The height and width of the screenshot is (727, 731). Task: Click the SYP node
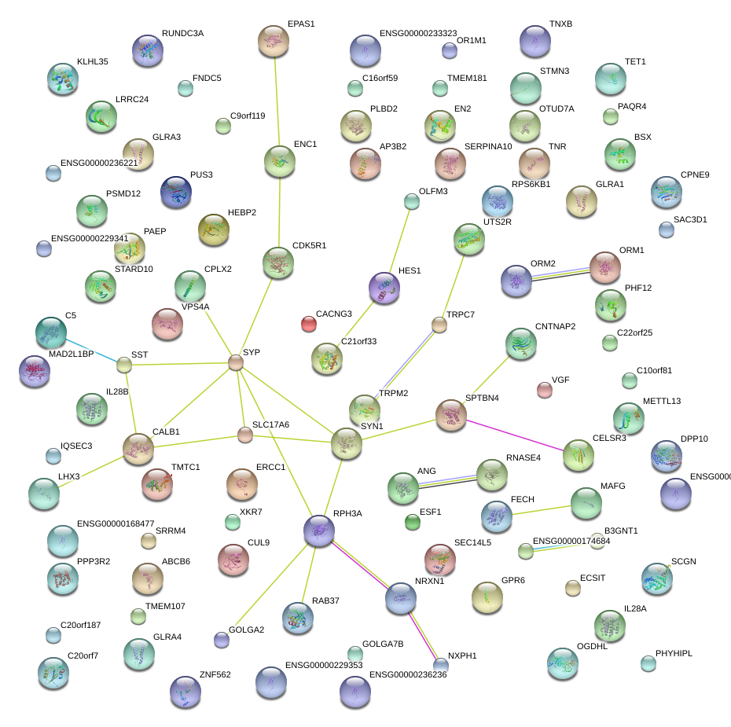[x=236, y=362]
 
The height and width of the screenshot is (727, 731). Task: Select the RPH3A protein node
[x=319, y=531]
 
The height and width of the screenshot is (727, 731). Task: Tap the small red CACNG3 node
[x=309, y=323]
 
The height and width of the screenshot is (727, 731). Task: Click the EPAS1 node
[x=274, y=41]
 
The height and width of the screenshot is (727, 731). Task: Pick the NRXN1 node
[x=400, y=598]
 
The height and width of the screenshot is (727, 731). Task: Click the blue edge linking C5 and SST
[x=93, y=350]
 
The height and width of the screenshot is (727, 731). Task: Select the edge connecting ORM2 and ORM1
[x=561, y=273]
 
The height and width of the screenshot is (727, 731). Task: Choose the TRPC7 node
[x=439, y=324]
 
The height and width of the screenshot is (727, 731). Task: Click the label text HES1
[x=410, y=270]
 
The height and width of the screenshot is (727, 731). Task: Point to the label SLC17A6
[x=270, y=424]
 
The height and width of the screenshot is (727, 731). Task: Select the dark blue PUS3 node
[x=175, y=193]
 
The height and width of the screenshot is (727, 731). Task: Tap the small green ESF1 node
[x=412, y=521]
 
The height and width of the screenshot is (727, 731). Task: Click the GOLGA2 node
[x=222, y=640]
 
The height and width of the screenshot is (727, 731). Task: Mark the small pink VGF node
[x=544, y=389]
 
